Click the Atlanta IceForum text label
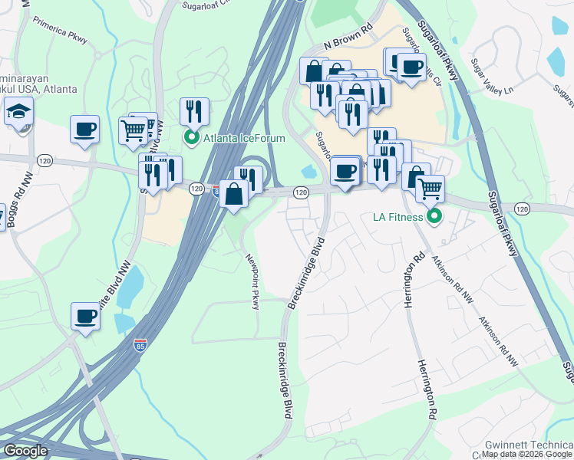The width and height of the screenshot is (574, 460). coord(244,138)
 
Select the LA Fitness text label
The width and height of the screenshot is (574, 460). coord(398,217)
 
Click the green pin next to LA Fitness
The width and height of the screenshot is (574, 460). coord(434,217)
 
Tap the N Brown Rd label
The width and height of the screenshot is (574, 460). coord(348,45)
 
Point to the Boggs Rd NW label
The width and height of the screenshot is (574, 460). coord(12,212)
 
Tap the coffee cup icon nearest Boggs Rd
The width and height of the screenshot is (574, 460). coord(85,128)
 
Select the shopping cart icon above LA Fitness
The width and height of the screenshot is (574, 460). coord(430,187)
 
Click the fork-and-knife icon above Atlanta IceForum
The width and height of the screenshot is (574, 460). coord(194,110)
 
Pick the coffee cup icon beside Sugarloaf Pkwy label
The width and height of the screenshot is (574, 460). coord(411,67)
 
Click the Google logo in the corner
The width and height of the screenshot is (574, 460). coord(25,451)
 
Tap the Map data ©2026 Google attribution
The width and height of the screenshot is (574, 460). coord(526,454)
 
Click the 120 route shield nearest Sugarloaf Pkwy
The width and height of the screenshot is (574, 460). coord(523,209)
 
